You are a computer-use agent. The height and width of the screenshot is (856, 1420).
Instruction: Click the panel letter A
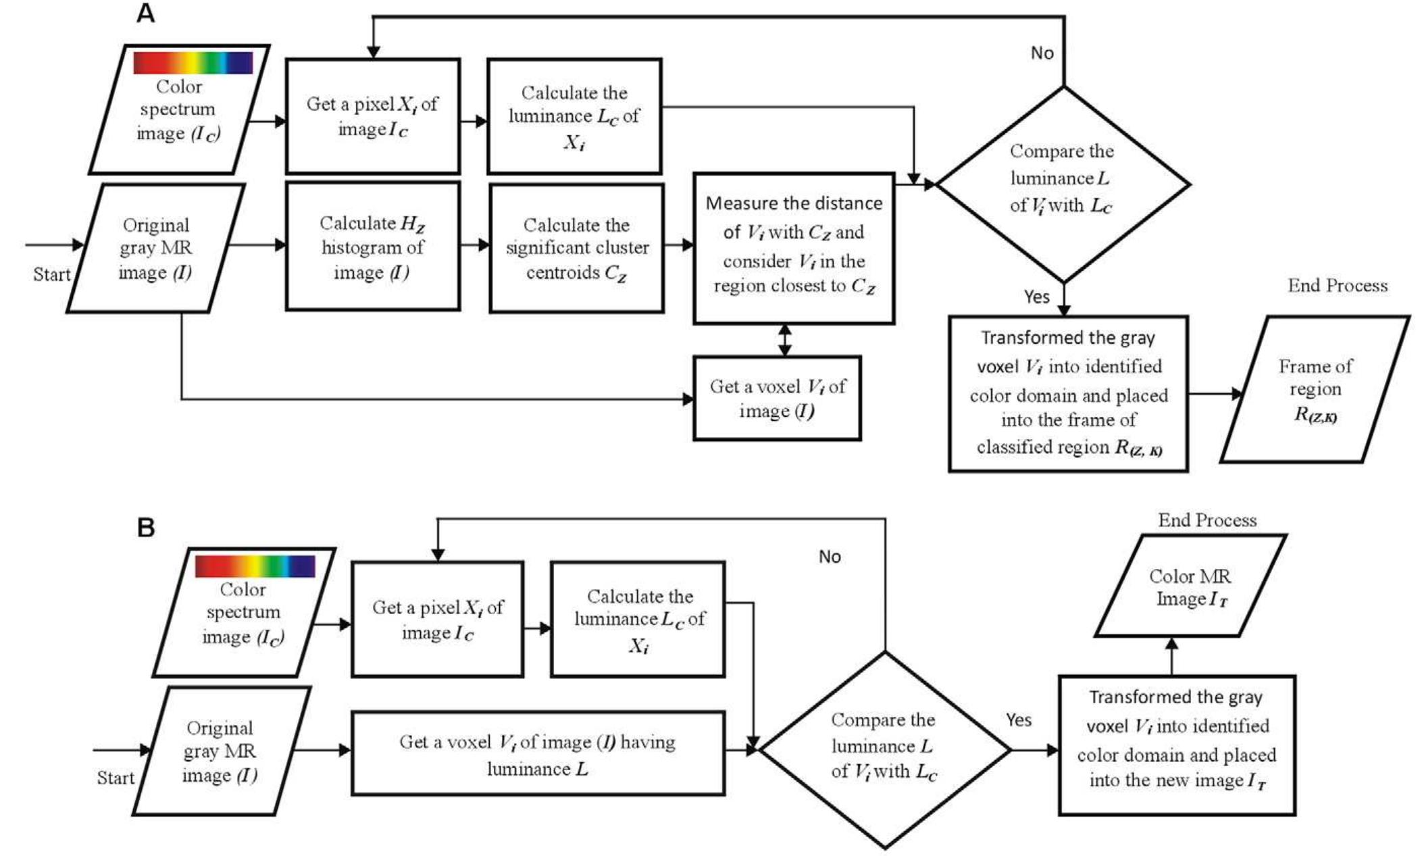tap(146, 13)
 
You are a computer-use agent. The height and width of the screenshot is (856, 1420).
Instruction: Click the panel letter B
tap(146, 527)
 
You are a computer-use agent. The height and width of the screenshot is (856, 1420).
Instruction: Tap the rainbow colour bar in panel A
tap(193, 63)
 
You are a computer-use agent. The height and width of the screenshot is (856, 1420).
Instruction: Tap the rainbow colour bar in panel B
tap(255, 566)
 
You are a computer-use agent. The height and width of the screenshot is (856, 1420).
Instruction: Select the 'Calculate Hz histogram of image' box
tap(372, 247)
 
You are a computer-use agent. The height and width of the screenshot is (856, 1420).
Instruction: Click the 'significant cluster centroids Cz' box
tap(576, 248)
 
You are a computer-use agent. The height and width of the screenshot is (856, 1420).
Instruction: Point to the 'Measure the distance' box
tap(793, 248)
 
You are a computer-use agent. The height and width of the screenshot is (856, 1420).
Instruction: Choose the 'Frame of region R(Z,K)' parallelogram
tap(1315, 390)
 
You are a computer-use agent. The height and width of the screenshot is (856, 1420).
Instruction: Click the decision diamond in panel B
tap(884, 749)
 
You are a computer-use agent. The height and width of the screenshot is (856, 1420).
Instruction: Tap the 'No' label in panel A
tap(1042, 53)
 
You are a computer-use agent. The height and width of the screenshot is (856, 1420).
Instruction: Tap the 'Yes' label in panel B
tap(1018, 720)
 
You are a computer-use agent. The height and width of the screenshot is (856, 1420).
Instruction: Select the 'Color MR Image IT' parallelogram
tap(1190, 586)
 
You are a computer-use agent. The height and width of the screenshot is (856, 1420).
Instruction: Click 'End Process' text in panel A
tap(1337, 286)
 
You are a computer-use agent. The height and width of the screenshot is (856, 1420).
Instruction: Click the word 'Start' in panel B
tap(116, 778)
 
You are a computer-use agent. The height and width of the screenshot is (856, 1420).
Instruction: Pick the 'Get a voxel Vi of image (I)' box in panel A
tap(776, 398)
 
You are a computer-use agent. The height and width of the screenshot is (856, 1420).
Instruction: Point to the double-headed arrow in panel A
tap(784, 340)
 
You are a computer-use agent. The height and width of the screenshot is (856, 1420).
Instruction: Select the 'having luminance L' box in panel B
tap(538, 753)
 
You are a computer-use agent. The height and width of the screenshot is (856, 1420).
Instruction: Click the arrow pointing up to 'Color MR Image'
tap(1171, 655)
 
